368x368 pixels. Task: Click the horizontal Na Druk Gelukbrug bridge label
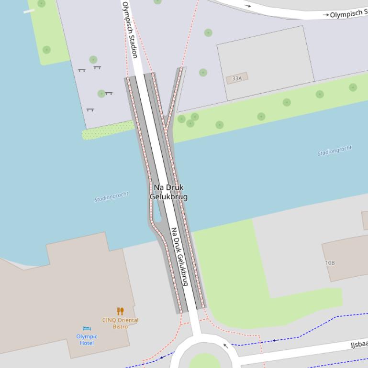pyautogui.click(x=168, y=192)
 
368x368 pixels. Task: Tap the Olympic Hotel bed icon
pyautogui.click(x=87, y=328)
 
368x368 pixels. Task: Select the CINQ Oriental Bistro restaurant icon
pyautogui.click(x=120, y=311)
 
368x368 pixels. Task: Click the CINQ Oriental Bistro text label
pyautogui.click(x=120, y=323)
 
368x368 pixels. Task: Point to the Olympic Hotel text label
pyautogui.click(x=87, y=339)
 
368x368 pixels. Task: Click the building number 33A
pyautogui.click(x=237, y=78)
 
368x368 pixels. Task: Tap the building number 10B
pyautogui.click(x=330, y=263)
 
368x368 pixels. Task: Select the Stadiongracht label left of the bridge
pyautogui.click(x=112, y=196)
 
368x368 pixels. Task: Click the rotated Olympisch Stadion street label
pyautogui.click(x=130, y=30)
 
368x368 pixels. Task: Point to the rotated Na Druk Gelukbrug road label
pyautogui.click(x=180, y=257)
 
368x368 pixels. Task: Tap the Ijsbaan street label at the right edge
pyautogui.click(x=359, y=344)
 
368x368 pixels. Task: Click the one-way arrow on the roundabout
pyautogui.click(x=225, y=346)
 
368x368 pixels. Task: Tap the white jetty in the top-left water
pyautogui.click(x=29, y=11)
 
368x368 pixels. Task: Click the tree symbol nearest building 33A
pyautogui.click(x=203, y=73)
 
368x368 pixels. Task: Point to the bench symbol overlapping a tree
pyautogui.click(x=108, y=93)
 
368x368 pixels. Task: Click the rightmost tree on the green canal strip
pyautogui.click(x=353, y=87)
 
